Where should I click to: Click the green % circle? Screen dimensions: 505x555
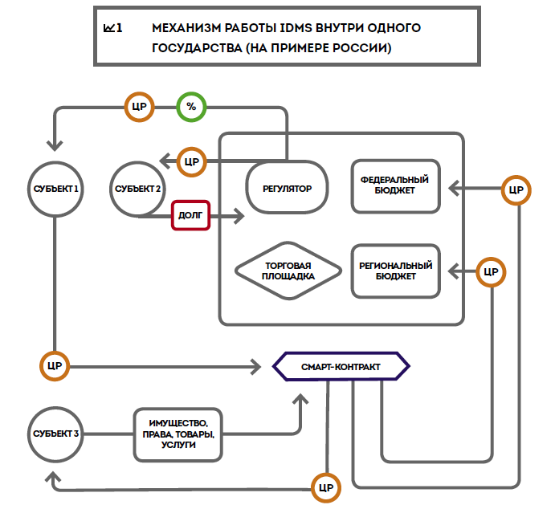point(191,107)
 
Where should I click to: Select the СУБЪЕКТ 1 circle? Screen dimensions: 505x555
point(55,189)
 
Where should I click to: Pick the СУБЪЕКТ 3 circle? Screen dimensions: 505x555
point(55,434)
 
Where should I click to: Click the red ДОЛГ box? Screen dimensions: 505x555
point(190,215)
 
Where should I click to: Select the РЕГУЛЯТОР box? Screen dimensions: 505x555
point(287,189)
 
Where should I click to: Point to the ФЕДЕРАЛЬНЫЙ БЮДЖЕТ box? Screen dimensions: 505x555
point(395,185)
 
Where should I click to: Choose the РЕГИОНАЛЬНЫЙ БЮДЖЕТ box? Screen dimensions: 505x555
point(395,271)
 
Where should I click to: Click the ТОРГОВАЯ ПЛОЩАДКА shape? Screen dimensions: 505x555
point(287,271)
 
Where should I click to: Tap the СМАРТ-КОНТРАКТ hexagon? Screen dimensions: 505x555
point(341,366)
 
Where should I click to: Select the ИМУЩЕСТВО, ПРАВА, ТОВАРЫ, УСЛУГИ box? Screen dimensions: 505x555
point(178,434)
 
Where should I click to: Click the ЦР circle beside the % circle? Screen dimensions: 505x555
point(138,107)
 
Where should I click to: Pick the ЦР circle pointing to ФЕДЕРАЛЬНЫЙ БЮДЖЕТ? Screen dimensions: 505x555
point(516,189)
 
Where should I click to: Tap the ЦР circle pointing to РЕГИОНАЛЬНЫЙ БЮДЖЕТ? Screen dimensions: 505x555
point(491,271)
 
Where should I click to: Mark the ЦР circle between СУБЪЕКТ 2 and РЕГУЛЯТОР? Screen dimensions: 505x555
point(191,161)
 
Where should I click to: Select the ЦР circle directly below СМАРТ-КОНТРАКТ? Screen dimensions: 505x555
point(326,487)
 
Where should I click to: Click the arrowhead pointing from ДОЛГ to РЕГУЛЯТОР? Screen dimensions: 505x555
point(239,215)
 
